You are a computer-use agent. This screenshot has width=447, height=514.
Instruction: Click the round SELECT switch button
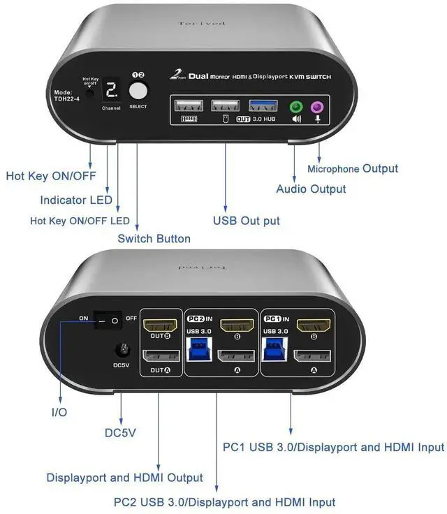[x=138, y=91]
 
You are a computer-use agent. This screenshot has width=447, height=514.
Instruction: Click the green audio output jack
[x=295, y=107]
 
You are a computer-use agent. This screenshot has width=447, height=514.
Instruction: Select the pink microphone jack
[x=317, y=107]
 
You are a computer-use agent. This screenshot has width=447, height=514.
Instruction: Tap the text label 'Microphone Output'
[x=353, y=168]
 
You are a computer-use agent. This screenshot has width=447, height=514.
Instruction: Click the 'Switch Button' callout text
[x=154, y=238]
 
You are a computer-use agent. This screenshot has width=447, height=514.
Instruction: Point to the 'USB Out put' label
[x=246, y=221]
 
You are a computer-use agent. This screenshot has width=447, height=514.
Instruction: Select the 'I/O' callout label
[x=59, y=412]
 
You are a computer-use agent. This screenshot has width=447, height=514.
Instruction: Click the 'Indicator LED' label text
[x=76, y=200]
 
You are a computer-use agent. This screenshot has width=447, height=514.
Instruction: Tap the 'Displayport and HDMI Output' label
[x=124, y=478]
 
